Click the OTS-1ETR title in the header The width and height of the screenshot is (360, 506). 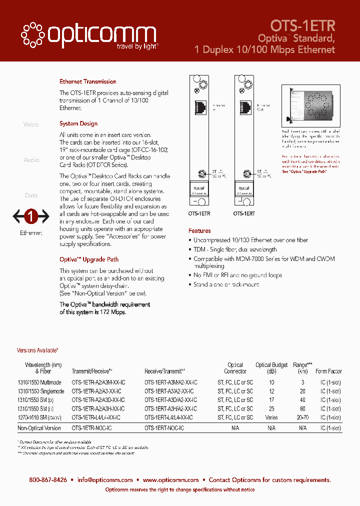pos(302,25)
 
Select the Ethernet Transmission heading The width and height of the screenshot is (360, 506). pos(88,81)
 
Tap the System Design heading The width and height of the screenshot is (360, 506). pos(78,123)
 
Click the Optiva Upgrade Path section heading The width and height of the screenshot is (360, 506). pos(89,259)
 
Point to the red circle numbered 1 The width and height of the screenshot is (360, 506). pos(30,217)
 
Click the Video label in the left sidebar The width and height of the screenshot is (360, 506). pos(31,124)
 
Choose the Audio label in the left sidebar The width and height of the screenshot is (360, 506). pos(31,160)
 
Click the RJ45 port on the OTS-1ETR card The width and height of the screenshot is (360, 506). pos(200,107)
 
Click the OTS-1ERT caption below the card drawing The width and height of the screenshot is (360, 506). pos(244,213)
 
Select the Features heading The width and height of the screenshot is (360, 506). pos(199,231)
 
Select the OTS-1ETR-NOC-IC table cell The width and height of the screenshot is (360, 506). pos(91,428)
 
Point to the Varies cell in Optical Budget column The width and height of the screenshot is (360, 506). pos(271,417)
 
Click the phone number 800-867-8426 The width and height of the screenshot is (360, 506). pos(48,479)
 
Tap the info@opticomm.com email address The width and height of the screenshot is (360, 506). pos(105,479)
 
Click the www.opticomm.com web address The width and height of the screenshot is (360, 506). pos(170,479)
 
